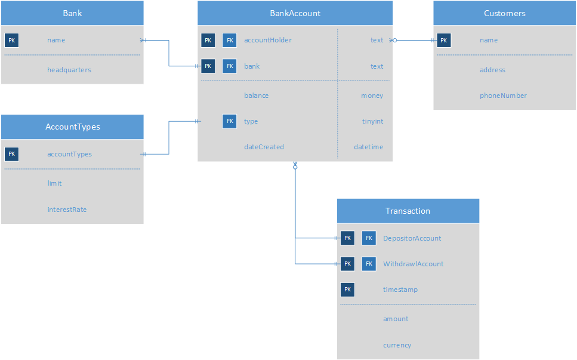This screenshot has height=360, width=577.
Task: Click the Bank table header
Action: click(x=72, y=13)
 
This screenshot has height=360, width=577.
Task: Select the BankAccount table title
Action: click(x=295, y=13)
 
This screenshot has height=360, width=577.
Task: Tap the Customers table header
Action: click(x=504, y=13)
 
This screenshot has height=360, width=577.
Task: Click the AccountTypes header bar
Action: click(x=72, y=127)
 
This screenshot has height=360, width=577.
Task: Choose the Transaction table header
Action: click(x=408, y=211)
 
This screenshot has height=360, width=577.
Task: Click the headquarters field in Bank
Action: click(x=69, y=70)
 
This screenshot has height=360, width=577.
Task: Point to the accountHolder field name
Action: click(x=267, y=40)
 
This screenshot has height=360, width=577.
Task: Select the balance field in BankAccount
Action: click(x=256, y=96)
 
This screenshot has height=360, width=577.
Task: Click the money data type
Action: click(x=372, y=96)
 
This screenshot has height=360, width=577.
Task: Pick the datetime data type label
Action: click(x=368, y=147)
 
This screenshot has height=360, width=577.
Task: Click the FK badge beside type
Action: click(x=229, y=121)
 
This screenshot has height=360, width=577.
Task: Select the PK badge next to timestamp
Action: click(x=347, y=290)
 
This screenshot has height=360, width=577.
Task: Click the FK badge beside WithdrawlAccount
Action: click(x=369, y=264)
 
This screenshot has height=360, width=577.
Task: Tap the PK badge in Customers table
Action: click(x=443, y=40)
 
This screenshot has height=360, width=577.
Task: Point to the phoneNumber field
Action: click(x=503, y=96)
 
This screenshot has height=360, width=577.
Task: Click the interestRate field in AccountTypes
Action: click(x=67, y=210)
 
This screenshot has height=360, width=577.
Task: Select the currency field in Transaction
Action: click(x=397, y=345)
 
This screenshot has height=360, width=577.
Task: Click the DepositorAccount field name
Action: click(x=412, y=238)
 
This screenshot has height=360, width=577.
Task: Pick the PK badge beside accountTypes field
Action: click(x=11, y=154)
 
